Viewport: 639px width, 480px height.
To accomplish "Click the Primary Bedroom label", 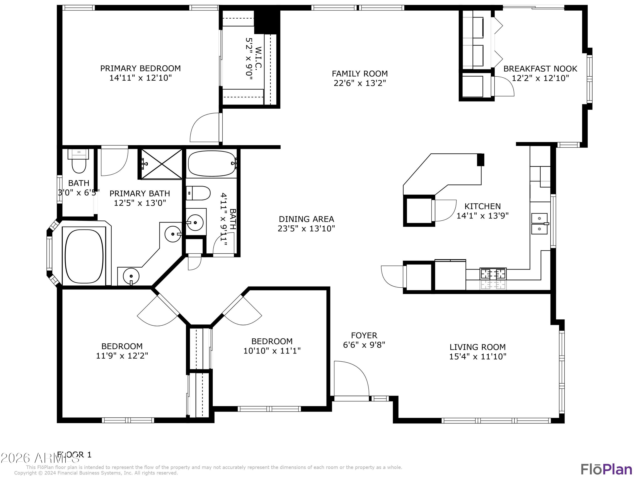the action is pyautogui.click(x=140, y=68).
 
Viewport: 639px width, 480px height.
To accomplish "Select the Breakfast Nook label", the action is pyautogui.click(x=540, y=69).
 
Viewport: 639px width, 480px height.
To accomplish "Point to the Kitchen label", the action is pyautogui.click(x=482, y=206).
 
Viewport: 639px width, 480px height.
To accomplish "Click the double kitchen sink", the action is pyautogui.click(x=540, y=224).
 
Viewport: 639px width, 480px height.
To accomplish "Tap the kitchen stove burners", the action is pyautogui.click(x=493, y=278).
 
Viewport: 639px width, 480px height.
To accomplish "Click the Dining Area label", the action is pyautogui.click(x=306, y=219).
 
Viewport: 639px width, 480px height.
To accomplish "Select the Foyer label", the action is pyautogui.click(x=364, y=335).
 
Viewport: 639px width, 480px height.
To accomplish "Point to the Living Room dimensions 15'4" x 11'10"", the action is pyautogui.click(x=478, y=356).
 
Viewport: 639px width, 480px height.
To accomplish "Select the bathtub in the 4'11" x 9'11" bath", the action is pyautogui.click(x=212, y=163).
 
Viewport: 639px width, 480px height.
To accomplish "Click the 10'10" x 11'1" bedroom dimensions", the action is pyautogui.click(x=272, y=351).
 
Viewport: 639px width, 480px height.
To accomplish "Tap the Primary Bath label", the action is pyautogui.click(x=140, y=193).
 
